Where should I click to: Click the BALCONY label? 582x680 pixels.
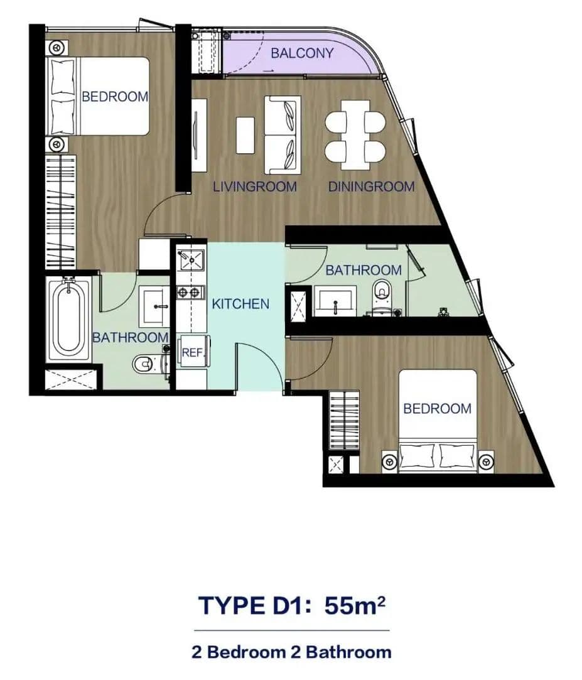point(302,53)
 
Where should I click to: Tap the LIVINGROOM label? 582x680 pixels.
point(254,187)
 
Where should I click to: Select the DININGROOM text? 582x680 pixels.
point(371,187)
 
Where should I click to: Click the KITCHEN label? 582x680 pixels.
point(240,303)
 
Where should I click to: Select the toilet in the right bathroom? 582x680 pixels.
point(382,295)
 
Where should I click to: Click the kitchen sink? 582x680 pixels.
point(191,260)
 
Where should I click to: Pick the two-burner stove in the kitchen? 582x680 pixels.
point(190,293)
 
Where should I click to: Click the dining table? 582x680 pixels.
point(355,135)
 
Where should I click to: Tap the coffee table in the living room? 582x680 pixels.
point(245,135)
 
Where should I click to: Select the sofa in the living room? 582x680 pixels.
point(283,134)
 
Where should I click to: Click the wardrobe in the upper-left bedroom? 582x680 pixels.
point(61,212)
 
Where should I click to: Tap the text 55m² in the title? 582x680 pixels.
point(355,605)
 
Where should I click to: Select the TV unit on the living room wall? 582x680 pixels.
point(198,135)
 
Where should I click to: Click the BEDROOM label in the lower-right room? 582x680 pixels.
point(437,409)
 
